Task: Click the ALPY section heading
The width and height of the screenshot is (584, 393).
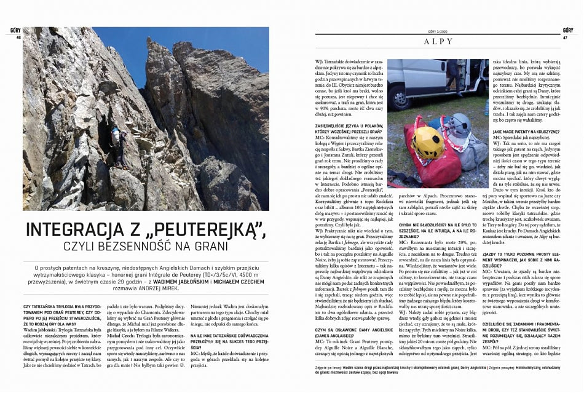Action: [x=438, y=42]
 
